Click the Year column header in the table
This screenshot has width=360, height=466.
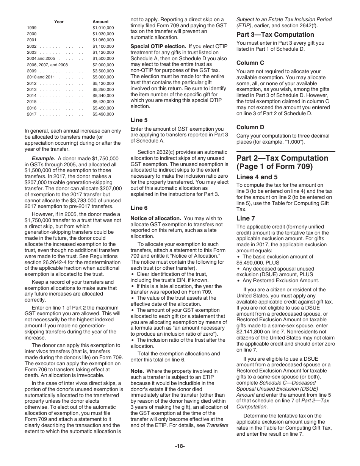point(59,22)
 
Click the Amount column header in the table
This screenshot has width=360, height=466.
point(100,22)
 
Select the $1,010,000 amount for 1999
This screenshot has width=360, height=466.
point(103,28)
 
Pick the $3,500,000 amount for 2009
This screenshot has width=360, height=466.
point(103,71)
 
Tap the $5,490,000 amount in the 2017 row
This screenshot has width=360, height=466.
point(103,114)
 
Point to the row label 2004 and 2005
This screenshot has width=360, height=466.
point(41,58)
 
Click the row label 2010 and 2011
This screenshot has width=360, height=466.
point(41,77)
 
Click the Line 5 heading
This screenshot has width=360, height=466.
point(139,120)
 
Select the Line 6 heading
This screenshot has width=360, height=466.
point(139,208)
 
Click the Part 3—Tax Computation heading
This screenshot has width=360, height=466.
point(270,34)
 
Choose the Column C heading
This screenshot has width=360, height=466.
point(250,63)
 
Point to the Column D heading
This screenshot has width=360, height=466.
point(250,127)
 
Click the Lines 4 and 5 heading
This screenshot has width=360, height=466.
point(257,177)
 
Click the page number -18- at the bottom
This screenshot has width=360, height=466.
point(180,446)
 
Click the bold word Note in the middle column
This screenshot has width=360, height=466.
point(137,371)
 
